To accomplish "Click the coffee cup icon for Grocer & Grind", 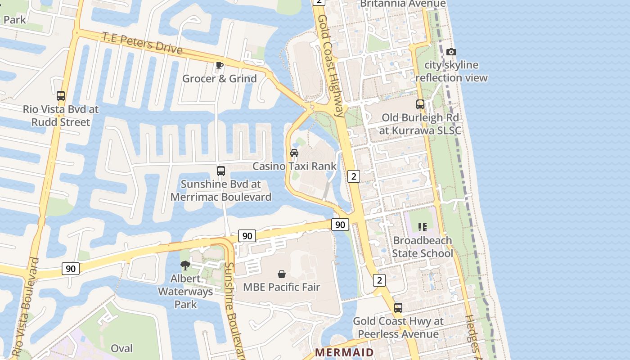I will click(219, 66).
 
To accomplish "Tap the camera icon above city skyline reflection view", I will click(451, 52).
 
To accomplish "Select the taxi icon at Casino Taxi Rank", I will click(294, 153).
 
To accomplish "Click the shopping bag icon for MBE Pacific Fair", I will click(282, 274).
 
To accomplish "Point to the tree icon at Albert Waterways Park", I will click(185, 265).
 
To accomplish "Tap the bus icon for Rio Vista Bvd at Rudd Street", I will click(61, 96).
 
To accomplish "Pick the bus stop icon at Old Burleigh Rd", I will click(420, 104).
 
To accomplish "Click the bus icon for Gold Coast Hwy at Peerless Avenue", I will click(398, 308).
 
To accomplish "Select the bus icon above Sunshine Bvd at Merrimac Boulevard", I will click(220, 171).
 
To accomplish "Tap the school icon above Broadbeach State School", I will click(422, 227).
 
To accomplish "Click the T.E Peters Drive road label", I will click(142, 43).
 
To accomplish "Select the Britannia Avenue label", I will click(403, 4).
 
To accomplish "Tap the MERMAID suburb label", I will click(344, 352).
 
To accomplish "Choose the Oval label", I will click(121, 348).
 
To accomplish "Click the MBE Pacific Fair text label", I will click(281, 287).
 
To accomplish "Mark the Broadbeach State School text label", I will click(422, 247).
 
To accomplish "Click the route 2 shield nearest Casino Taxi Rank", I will click(354, 176).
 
